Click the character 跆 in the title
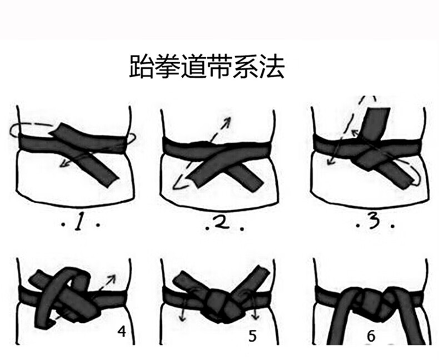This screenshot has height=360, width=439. coord(141,66)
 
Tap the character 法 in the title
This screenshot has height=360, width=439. coord(272,66)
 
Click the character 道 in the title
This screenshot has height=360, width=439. coord(193,66)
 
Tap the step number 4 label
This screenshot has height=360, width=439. coord(122,332)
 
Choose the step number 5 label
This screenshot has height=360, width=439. coord(252,336)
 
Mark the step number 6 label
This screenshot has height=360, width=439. coord(371,336)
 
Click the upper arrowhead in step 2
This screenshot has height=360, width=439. coord(228,121)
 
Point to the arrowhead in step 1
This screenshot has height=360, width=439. coord(64,164)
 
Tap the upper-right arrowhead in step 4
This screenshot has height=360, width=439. coord(112,278)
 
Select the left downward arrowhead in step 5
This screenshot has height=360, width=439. coord(183,317)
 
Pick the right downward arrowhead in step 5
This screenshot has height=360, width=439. coord(255,316)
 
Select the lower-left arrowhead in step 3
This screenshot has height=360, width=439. coord(332,161)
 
